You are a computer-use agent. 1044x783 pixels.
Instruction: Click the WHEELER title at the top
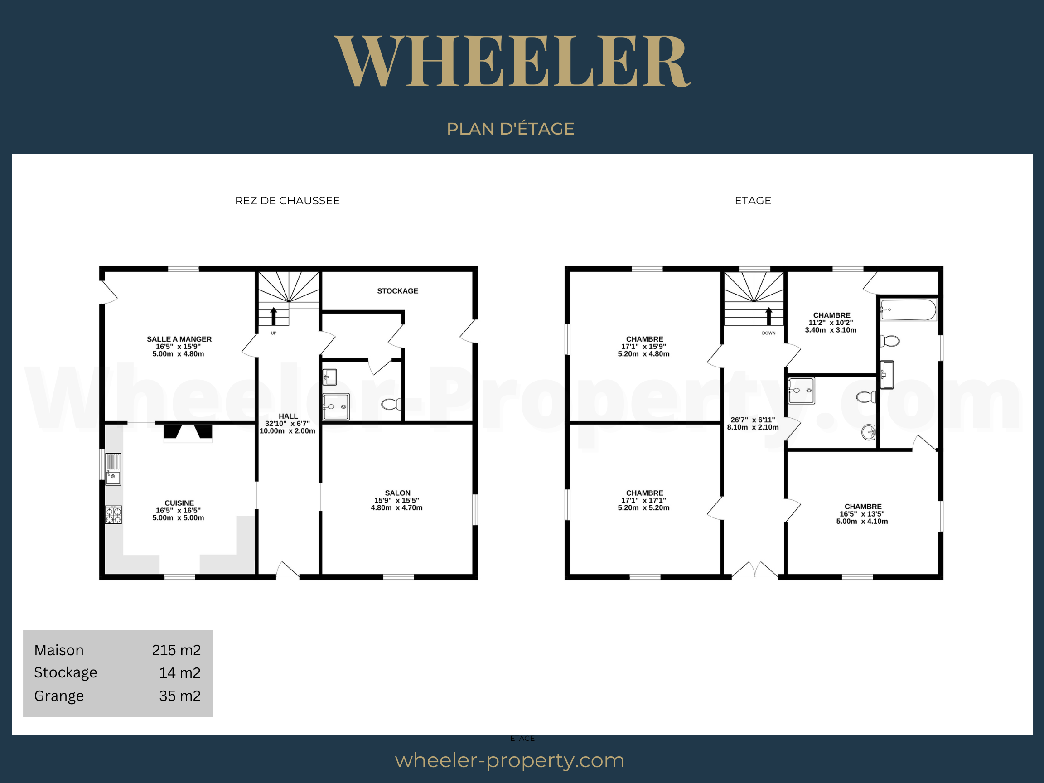[x=512, y=61]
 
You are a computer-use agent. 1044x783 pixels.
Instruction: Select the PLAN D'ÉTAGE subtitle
[x=510, y=128]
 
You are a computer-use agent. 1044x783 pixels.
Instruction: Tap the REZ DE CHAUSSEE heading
[x=287, y=201]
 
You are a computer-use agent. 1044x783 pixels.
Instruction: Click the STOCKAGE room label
[x=397, y=291]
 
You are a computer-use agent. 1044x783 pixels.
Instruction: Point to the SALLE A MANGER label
[x=179, y=339]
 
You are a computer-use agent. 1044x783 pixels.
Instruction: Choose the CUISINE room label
[x=179, y=503]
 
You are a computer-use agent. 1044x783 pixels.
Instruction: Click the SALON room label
[x=397, y=493]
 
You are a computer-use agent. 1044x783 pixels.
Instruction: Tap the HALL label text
[x=288, y=416]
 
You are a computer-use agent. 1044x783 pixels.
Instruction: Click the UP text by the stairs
[x=273, y=333]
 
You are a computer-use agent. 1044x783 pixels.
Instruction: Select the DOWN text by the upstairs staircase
[x=768, y=333]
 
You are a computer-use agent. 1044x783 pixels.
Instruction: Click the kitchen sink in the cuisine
[x=113, y=469]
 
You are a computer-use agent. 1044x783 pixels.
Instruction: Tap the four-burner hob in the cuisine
[x=113, y=514]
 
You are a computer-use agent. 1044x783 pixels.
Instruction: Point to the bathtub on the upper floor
[x=908, y=309]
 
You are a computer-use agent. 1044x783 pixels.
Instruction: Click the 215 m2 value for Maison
[x=176, y=650]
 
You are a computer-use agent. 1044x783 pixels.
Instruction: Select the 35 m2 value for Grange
[x=179, y=696]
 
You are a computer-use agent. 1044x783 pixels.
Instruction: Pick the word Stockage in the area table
[x=66, y=673]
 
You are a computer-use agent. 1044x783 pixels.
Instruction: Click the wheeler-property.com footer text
[x=510, y=760]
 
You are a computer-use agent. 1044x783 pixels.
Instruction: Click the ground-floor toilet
[x=391, y=404]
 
